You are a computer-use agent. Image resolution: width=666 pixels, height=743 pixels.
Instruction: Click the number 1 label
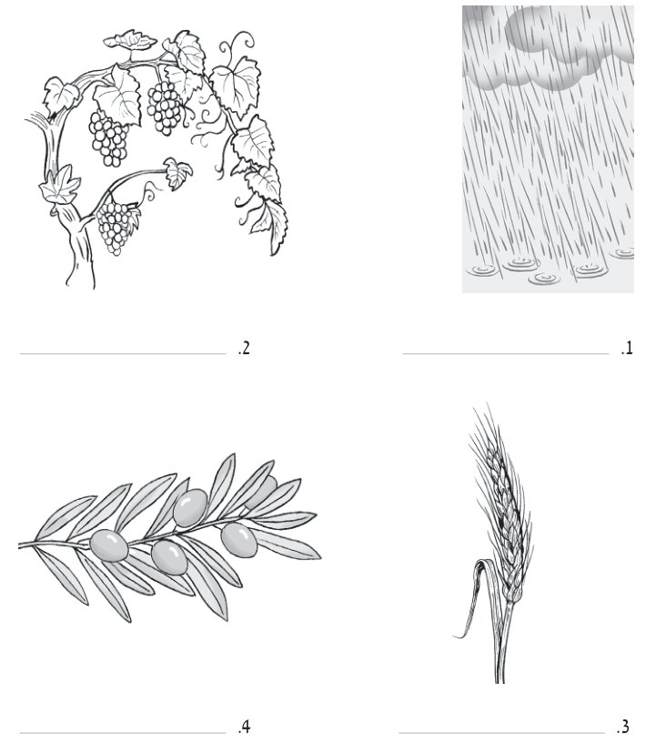(x=627, y=348)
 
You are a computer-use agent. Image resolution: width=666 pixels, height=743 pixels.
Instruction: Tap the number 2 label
(x=244, y=348)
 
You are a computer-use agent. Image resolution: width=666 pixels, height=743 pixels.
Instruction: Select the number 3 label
(x=623, y=727)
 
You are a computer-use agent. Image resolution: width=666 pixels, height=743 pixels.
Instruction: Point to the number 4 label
(x=244, y=727)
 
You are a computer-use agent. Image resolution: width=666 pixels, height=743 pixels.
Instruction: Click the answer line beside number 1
(x=506, y=353)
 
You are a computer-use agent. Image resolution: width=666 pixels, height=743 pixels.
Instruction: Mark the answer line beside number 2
(x=123, y=353)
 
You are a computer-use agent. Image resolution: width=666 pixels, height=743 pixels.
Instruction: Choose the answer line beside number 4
(x=123, y=733)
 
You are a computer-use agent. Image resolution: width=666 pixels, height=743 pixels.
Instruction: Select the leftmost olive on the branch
(x=109, y=546)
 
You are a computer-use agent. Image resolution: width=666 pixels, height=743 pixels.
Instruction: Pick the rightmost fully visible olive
(x=239, y=540)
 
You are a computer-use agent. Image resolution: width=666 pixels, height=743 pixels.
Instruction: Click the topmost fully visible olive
(x=190, y=508)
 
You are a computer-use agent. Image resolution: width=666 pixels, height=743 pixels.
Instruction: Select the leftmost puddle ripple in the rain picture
(x=483, y=270)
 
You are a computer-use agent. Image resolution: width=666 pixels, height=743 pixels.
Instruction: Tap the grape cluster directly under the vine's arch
(x=109, y=138)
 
